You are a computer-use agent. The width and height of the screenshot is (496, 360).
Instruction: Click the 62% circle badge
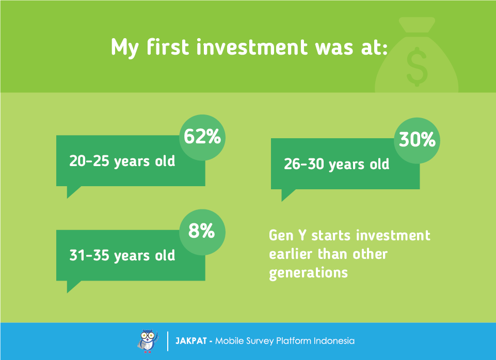click(202, 138)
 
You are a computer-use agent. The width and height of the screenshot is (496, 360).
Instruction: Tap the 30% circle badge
click(417, 141)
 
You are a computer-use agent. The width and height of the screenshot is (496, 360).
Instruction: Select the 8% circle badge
click(202, 232)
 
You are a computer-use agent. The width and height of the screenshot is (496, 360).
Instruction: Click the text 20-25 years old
click(122, 161)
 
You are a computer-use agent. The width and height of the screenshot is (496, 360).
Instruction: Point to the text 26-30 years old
click(337, 165)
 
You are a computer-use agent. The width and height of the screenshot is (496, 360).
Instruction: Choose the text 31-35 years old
click(122, 256)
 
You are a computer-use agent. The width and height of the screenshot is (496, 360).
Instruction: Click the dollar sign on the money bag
click(417, 67)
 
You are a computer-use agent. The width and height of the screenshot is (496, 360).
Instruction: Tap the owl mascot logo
click(148, 341)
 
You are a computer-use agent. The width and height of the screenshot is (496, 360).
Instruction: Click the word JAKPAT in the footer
click(191, 341)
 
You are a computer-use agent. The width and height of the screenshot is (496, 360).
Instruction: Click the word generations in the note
click(309, 273)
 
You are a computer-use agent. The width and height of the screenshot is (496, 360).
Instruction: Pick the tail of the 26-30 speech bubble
click(286, 194)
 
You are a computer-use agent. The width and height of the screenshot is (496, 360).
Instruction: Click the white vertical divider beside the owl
click(168, 341)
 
